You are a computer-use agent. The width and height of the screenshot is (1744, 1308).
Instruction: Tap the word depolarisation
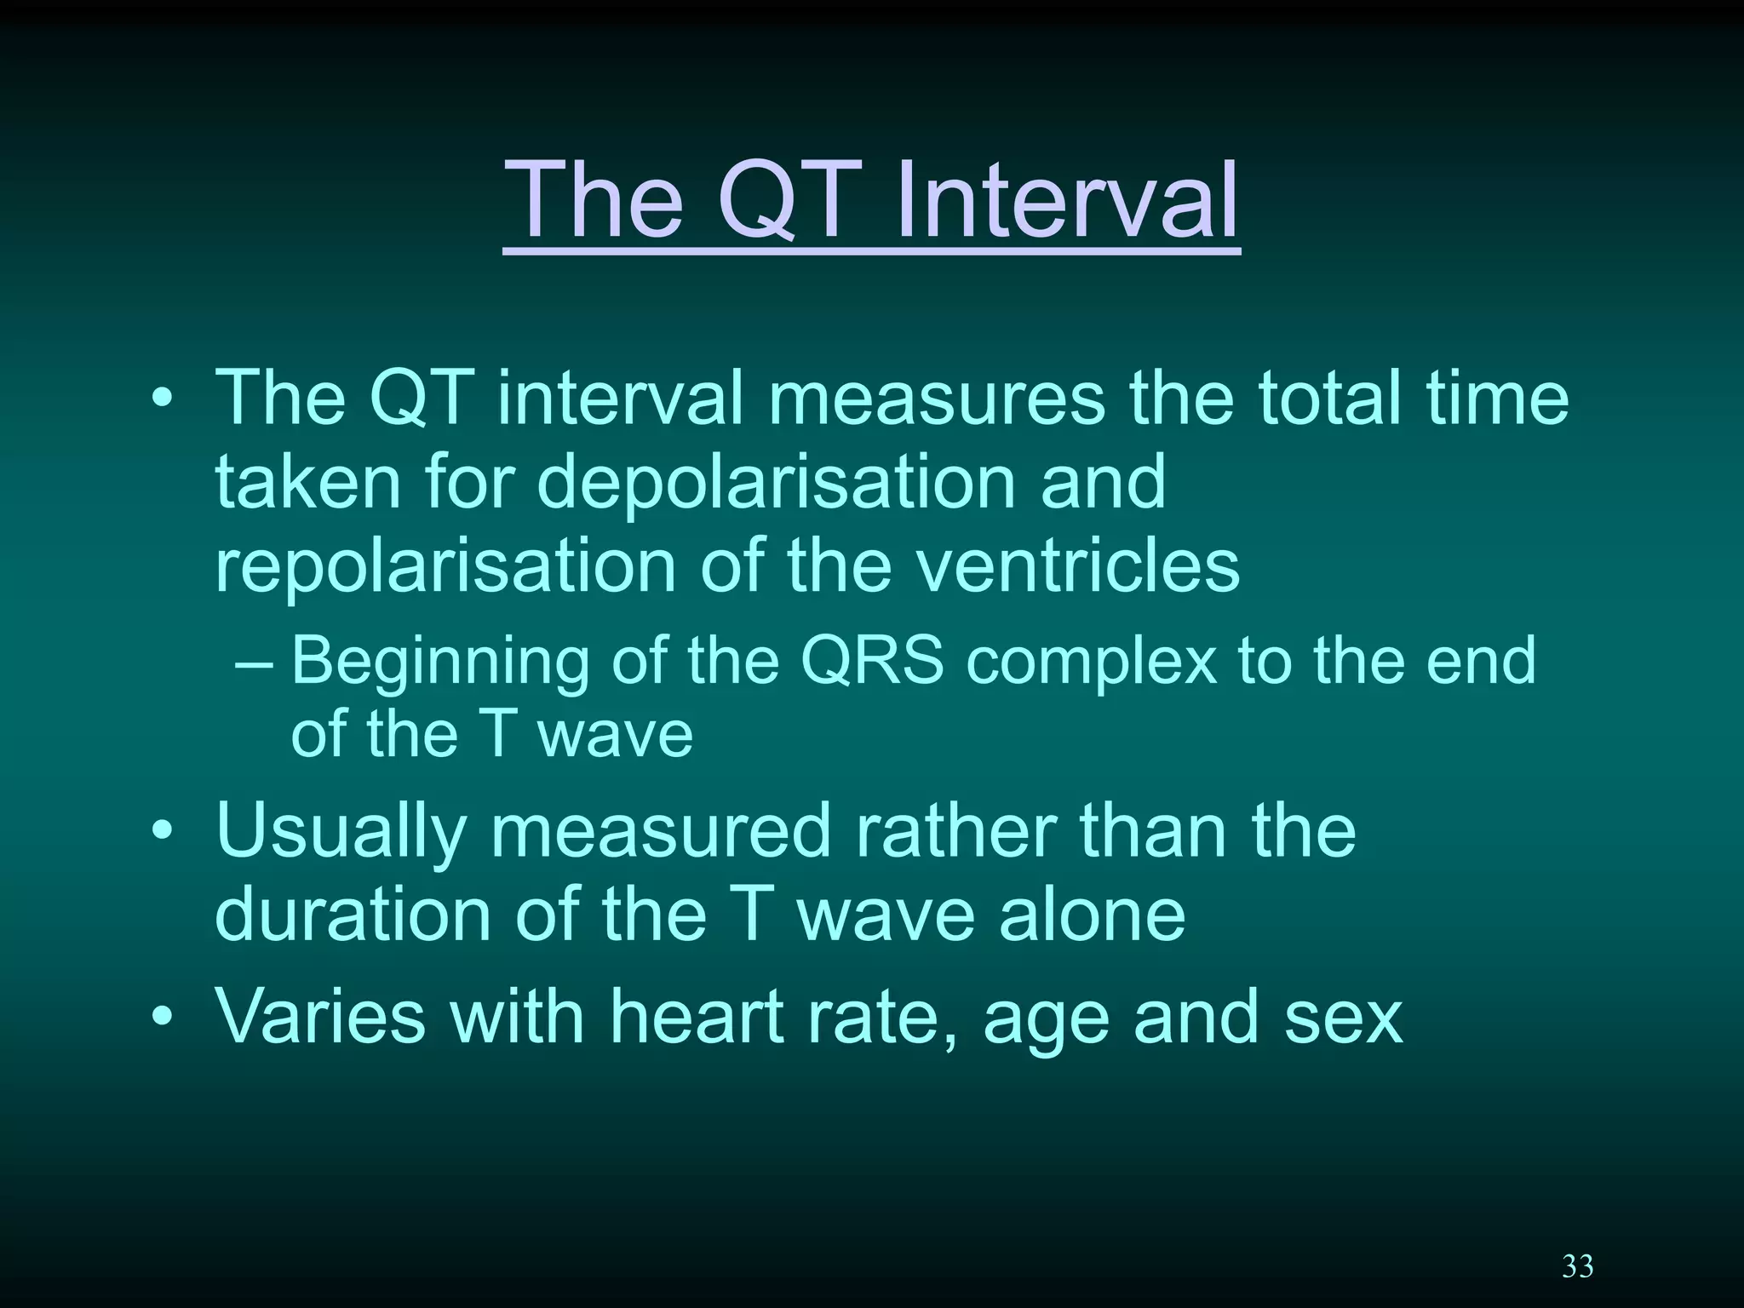[x=776, y=482]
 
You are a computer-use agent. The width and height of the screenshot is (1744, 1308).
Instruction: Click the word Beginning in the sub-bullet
[x=439, y=663]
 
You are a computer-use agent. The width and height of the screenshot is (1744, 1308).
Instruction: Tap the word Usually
[x=341, y=831]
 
